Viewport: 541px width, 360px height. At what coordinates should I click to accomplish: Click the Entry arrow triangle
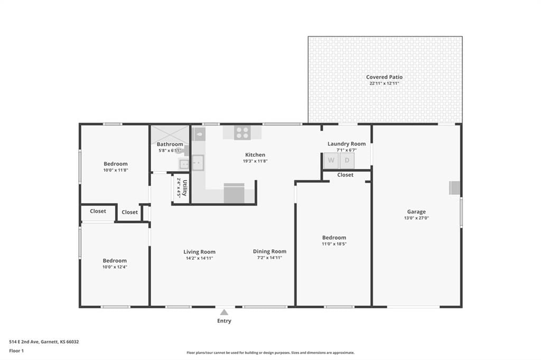[224, 312]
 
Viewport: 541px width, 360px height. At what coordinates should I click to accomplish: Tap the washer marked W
[331, 160]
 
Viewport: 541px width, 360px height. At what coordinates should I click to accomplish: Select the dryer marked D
[347, 160]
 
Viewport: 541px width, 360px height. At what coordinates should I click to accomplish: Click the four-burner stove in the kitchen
[242, 133]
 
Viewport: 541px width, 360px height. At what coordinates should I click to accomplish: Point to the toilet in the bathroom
[199, 134]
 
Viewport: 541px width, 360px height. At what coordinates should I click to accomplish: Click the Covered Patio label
[385, 77]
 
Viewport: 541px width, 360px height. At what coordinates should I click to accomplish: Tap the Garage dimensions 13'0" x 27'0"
[416, 218]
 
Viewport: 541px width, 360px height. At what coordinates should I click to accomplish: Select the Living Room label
[199, 252]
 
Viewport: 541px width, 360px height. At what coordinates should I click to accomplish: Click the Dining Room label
[269, 251]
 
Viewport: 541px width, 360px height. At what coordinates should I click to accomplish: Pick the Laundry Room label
[347, 144]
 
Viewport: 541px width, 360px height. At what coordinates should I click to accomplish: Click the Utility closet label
[185, 188]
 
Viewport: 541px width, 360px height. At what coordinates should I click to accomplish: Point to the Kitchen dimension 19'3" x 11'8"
[255, 161]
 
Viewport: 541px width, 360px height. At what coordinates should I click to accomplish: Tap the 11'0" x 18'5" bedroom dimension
[334, 244]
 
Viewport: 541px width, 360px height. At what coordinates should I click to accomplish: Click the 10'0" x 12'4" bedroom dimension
[115, 267]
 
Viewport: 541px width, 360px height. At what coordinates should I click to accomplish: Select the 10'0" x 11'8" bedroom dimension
[116, 170]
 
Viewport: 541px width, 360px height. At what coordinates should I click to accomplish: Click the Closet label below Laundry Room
[346, 175]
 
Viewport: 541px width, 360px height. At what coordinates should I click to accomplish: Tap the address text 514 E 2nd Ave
[24, 342]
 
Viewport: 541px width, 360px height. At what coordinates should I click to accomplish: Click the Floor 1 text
[16, 350]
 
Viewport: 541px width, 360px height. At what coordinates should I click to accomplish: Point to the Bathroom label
[170, 144]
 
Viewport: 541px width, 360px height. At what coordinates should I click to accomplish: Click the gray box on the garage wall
[455, 188]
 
